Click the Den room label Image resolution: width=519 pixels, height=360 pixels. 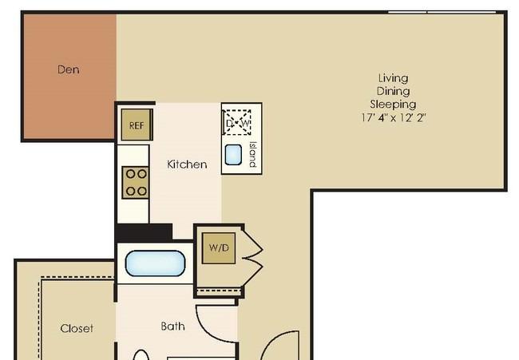(68, 69)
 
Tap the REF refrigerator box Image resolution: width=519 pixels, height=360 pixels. (137, 125)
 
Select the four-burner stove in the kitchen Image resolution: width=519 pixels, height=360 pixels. (135, 183)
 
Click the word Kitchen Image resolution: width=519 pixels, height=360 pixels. (187, 164)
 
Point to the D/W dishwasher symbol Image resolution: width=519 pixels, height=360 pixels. (237, 123)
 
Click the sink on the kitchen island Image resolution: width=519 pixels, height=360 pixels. (233, 155)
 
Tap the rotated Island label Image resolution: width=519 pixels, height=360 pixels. (253, 155)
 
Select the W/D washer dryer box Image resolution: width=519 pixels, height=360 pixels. (219, 248)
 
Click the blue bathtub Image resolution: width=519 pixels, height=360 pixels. (155, 263)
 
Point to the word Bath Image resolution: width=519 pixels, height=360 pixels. (172, 326)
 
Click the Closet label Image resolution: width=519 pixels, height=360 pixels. (77, 328)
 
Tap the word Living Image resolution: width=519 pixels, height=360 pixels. (393, 78)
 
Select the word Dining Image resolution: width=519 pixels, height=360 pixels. (393, 91)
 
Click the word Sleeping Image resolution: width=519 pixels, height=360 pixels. (393, 105)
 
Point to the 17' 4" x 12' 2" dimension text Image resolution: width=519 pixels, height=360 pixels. (393, 117)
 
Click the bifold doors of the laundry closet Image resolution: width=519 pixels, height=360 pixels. (252, 257)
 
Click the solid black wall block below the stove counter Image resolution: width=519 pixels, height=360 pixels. (144, 232)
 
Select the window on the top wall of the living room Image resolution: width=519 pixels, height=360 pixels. (442, 12)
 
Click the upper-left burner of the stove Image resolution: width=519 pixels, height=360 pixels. (130, 174)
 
